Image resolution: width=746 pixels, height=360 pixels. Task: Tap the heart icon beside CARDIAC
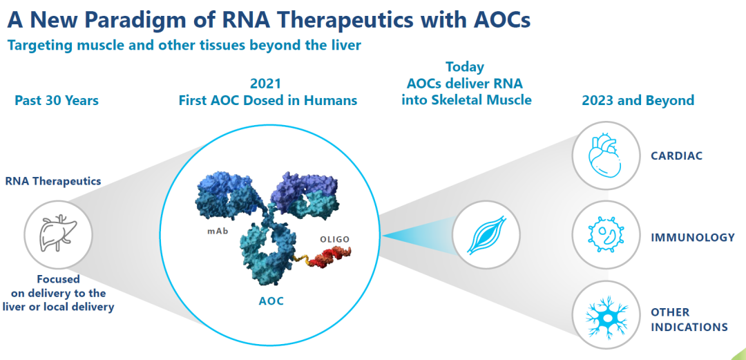603,156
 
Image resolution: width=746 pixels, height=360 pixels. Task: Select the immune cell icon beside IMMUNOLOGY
603,236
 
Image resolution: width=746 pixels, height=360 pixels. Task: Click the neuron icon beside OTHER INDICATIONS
603,318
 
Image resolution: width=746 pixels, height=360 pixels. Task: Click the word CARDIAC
676,156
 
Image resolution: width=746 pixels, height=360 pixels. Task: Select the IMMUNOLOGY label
693,237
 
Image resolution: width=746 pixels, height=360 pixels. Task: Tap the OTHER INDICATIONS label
689,319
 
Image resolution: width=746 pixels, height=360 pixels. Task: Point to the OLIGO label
334,239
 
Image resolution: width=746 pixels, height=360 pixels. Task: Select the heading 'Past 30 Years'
57,101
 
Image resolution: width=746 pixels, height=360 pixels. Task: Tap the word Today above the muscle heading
465,67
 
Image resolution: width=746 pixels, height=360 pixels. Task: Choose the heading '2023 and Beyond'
638,101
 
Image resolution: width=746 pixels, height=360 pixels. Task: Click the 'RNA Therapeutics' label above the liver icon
52,181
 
